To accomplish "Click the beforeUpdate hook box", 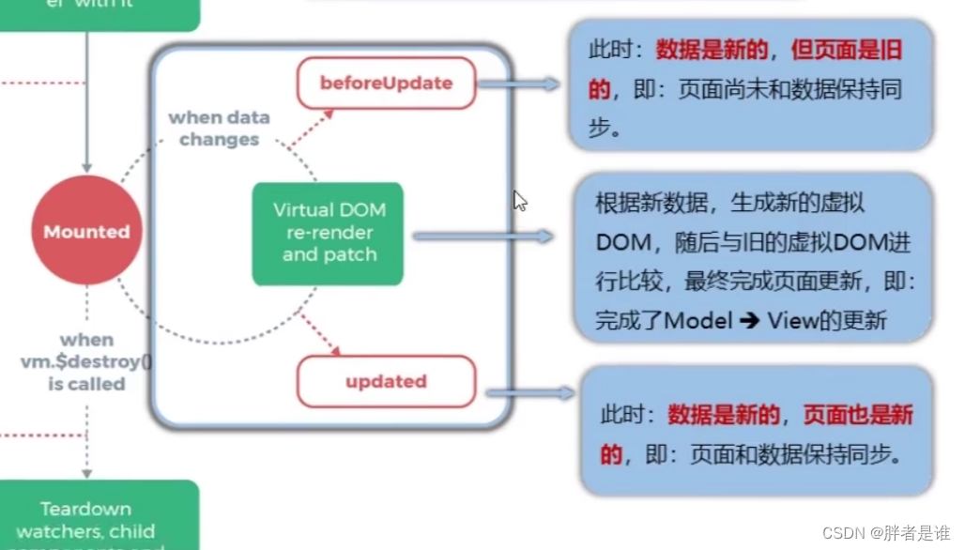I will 387,83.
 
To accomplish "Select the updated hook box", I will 386,381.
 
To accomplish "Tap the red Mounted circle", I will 86,231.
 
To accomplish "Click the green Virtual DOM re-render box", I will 328,233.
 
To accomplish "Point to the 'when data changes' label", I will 219,129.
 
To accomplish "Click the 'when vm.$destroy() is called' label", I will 86,361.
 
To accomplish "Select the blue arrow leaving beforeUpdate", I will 519,84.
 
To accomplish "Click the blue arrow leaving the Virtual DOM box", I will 483,237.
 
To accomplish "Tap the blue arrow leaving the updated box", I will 526,393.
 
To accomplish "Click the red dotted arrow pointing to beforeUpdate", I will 312,129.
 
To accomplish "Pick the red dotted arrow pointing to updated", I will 319,334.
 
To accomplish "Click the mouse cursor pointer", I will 519,200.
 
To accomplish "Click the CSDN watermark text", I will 885,533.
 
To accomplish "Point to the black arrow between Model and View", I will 749,320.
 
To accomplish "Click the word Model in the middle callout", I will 698,320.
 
